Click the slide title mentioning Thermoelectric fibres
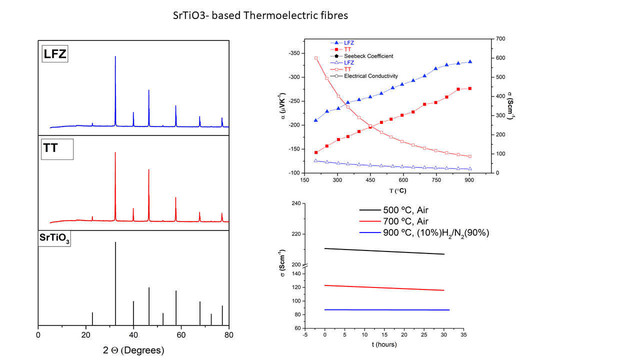[260, 15]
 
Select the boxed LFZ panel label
[54, 54]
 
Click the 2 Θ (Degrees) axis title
[133, 350]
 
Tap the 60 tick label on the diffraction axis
[181, 334]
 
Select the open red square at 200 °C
[316, 58]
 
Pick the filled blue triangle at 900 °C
[470, 62]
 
